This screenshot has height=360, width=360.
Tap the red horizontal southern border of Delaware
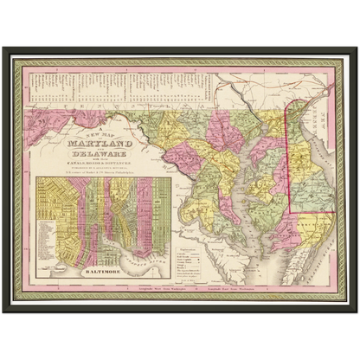pyautogui.click(x=312, y=210)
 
